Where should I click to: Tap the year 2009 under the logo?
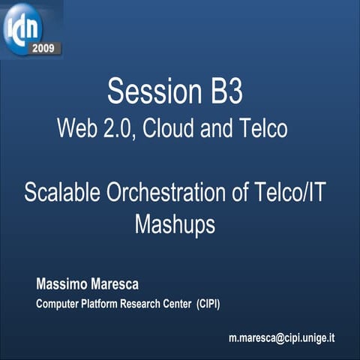coord(43,49)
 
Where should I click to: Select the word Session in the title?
coord(150,91)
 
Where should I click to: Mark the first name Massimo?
coord(61,285)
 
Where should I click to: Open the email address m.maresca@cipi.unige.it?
coord(281,337)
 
